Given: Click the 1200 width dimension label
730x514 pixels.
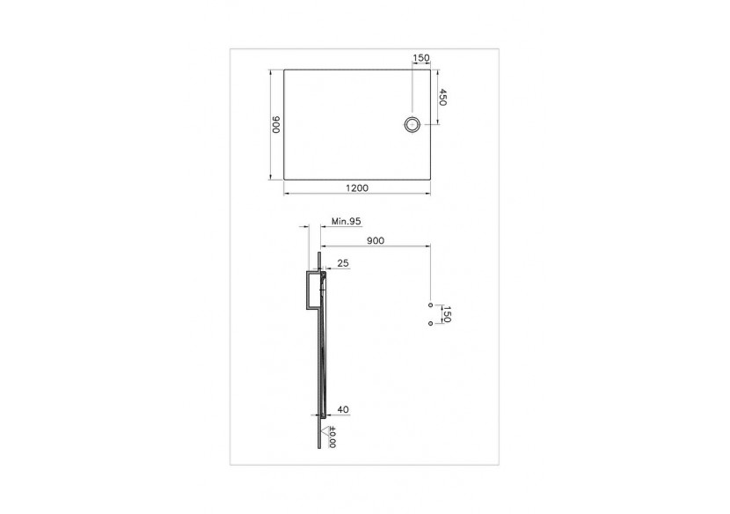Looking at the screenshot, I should (x=357, y=187).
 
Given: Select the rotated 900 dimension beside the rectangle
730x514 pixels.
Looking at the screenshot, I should (x=274, y=125).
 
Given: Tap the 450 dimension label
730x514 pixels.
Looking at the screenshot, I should (x=443, y=98).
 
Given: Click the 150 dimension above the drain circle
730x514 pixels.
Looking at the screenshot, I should (x=421, y=58).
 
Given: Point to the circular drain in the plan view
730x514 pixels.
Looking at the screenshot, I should (x=412, y=124).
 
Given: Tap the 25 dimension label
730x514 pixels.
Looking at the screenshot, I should (x=342, y=263).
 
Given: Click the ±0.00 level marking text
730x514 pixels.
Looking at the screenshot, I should (x=332, y=437).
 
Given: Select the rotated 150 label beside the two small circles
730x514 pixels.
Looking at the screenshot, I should (x=446, y=314).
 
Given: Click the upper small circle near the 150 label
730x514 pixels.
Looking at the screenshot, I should (x=430, y=305).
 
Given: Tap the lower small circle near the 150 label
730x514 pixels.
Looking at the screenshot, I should (x=430, y=323).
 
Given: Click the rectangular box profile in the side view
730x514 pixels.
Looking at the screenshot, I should (x=312, y=291).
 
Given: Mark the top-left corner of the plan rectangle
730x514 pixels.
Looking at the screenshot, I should (x=283, y=68).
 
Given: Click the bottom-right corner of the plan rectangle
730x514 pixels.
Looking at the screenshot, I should (x=430, y=180).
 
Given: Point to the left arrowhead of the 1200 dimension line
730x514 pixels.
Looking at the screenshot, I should (x=285, y=193).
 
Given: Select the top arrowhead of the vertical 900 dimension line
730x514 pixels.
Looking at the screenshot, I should (x=270, y=70).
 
